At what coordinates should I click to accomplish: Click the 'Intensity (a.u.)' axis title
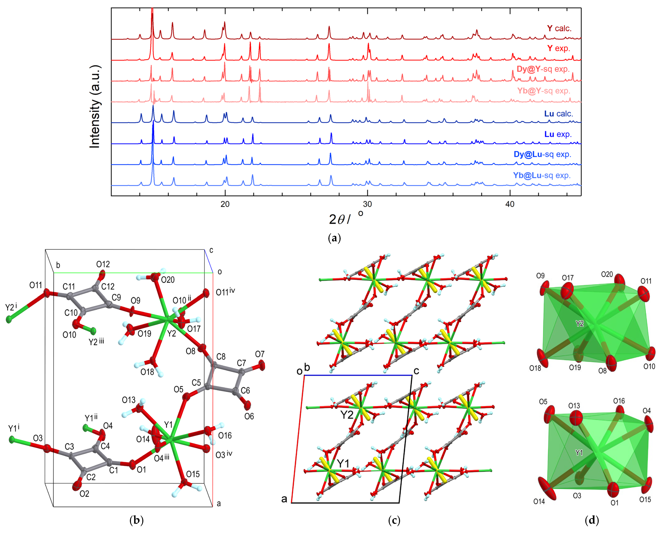[95, 107]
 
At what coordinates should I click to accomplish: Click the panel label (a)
[334, 238]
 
